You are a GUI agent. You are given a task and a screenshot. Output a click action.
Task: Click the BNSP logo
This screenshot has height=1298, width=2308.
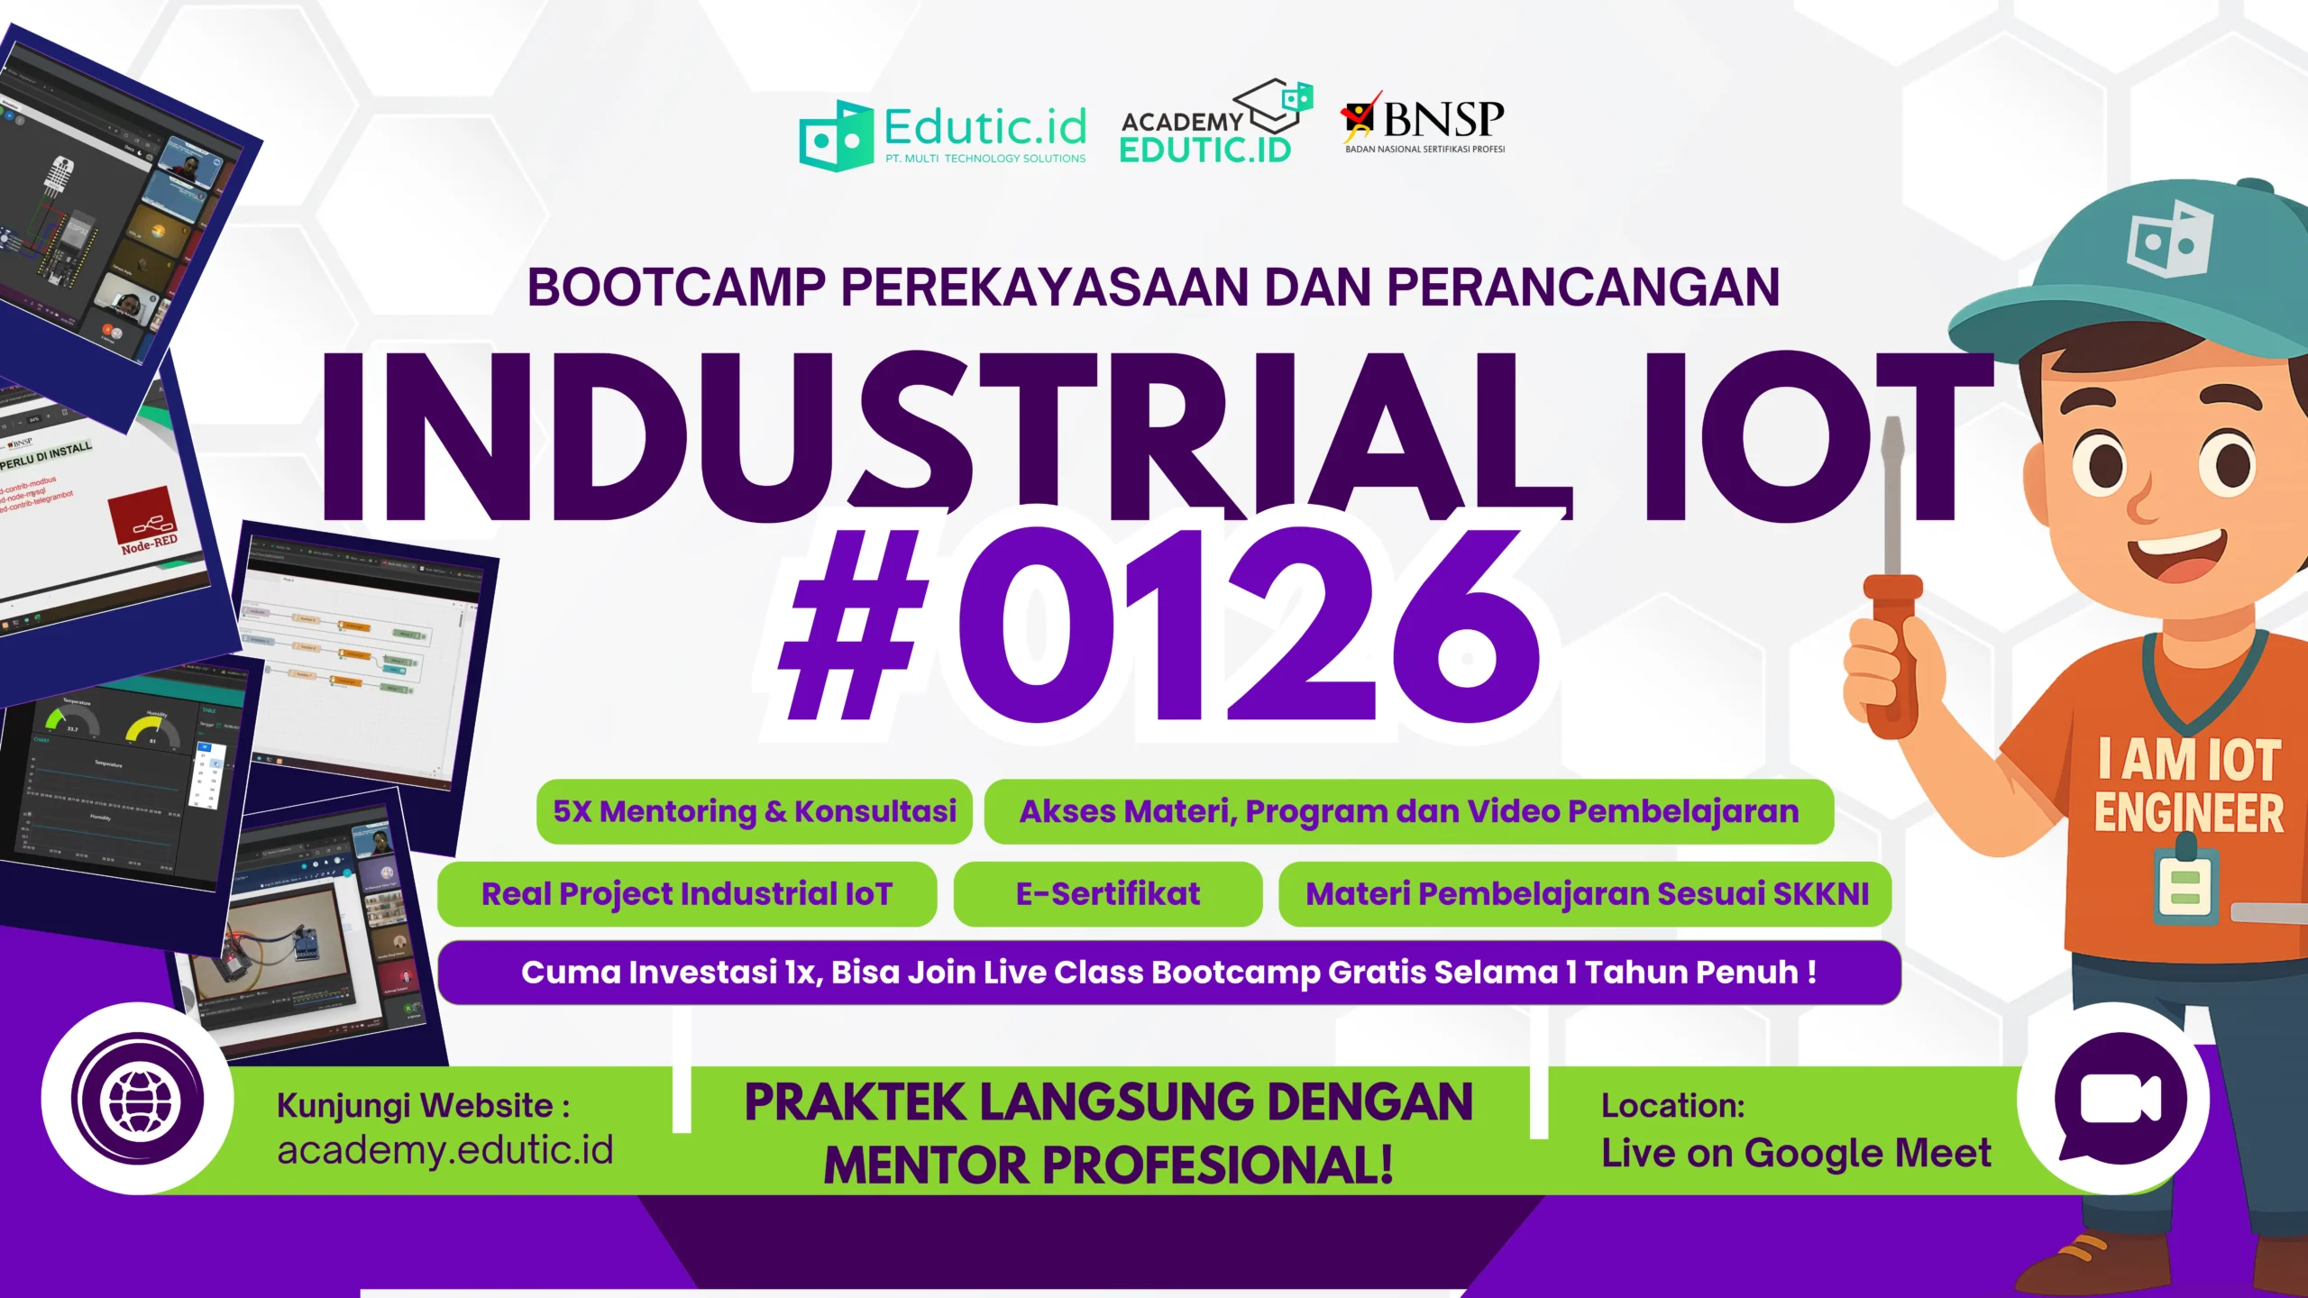coord(1423,123)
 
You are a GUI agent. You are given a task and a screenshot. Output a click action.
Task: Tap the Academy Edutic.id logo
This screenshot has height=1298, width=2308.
coord(1214,123)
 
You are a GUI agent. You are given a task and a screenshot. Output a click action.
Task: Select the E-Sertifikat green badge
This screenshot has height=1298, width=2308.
coord(1107,894)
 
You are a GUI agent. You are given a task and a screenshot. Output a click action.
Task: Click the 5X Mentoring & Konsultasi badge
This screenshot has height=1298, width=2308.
coord(754,811)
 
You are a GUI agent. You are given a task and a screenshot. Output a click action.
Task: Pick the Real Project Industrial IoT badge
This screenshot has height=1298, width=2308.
coord(686,894)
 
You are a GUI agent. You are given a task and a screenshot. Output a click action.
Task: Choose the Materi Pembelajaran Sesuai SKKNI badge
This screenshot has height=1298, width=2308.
coord(1586,894)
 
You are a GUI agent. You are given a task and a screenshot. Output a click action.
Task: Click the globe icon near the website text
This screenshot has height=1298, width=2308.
coord(138,1100)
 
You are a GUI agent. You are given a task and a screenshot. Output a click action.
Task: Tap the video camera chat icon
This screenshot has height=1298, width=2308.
coord(2120,1100)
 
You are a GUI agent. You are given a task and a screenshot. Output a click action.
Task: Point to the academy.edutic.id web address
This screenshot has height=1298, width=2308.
coord(444,1150)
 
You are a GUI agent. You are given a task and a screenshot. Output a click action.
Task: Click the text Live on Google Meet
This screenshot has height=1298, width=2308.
coord(1795,1153)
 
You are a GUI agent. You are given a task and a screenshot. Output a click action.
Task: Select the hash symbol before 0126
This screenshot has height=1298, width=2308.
coord(852,626)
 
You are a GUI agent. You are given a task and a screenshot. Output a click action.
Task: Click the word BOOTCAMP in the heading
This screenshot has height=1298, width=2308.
coord(676,288)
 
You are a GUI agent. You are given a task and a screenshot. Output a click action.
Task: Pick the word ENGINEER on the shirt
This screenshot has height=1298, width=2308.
coord(2188,813)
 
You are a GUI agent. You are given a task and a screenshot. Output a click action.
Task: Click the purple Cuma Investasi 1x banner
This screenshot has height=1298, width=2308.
coord(1168,973)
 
